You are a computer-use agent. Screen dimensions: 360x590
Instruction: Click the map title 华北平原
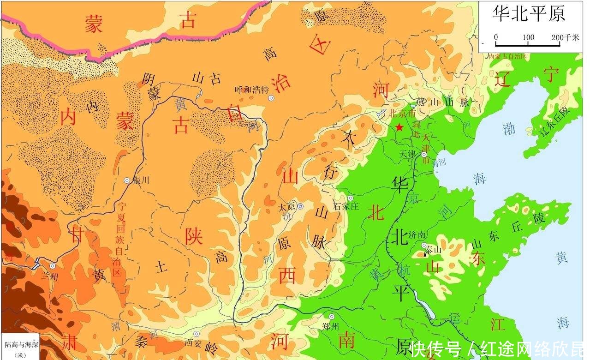point(529,13)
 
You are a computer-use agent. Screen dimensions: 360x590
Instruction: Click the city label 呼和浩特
point(251,90)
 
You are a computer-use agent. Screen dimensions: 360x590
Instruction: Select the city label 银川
point(141,180)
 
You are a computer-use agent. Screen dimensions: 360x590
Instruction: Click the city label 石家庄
point(346,206)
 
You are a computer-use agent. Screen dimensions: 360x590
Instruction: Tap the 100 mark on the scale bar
point(528,37)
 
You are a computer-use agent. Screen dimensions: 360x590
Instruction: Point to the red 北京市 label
point(402,113)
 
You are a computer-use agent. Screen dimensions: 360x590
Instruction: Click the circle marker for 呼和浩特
point(271,98)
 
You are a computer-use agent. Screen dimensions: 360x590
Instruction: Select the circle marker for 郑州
point(331,317)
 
